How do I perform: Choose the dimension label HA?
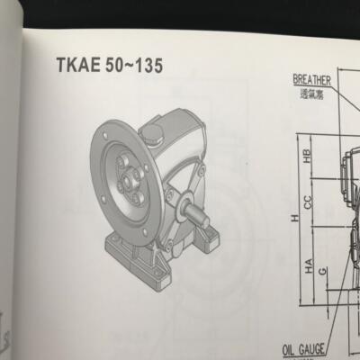[x=307, y=266]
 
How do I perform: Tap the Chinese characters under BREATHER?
[x=311, y=92]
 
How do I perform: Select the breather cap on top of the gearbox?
[x=151, y=135]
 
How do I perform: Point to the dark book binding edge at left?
[x=7, y=180]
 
